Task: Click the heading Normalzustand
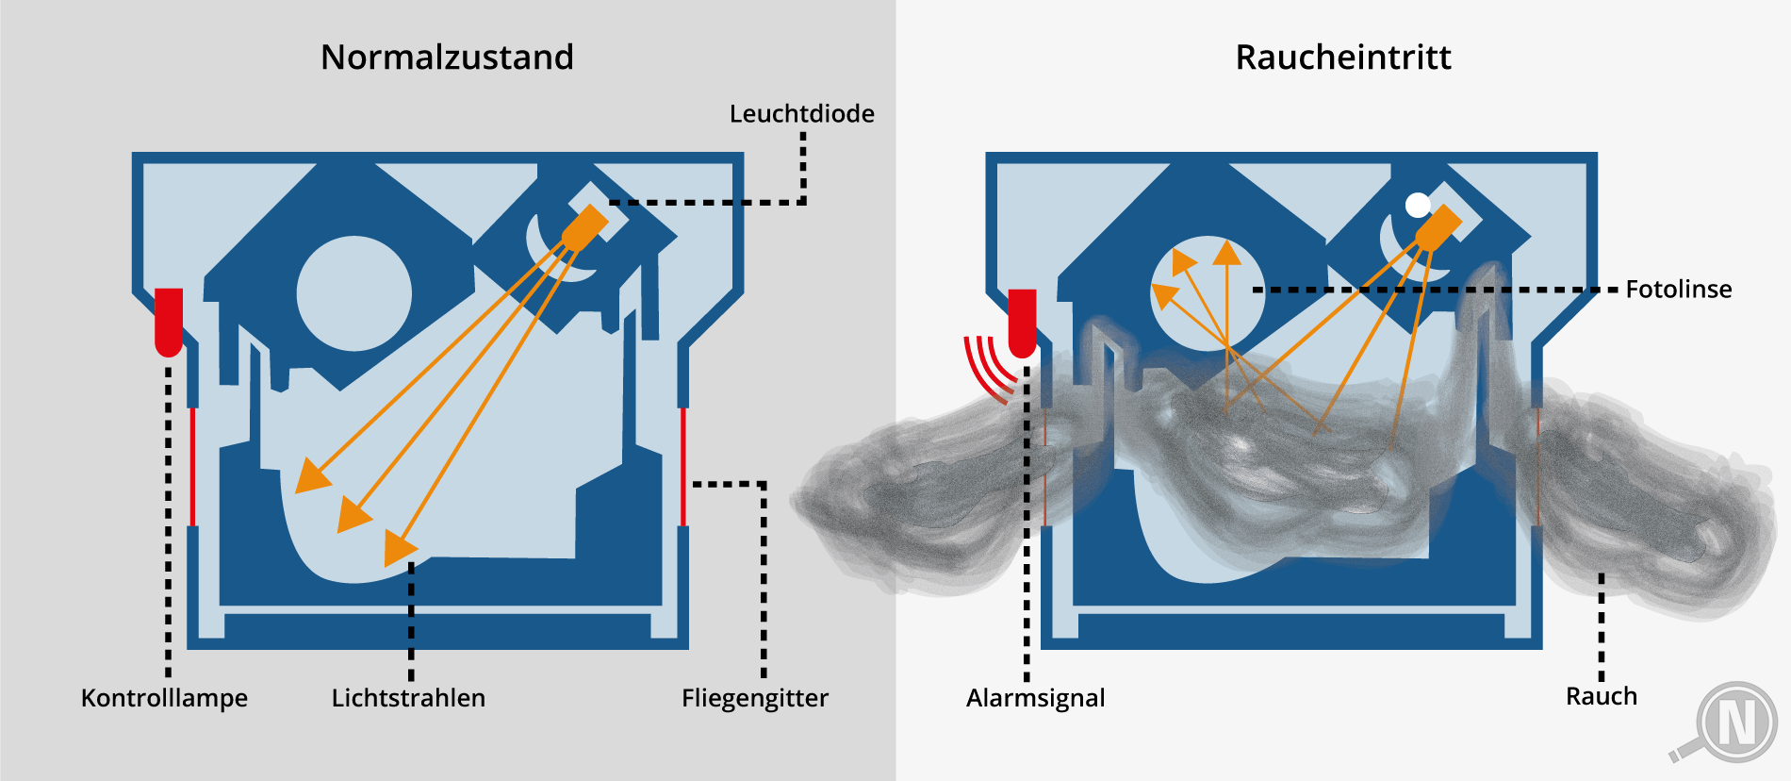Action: pos(447,58)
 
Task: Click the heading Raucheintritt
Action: pos(1342,58)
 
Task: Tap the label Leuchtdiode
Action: pos(801,114)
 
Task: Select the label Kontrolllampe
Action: pos(164,698)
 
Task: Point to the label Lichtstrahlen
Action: pos(408,698)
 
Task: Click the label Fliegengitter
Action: pos(755,698)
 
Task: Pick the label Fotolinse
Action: pos(1678,289)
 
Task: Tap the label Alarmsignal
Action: pos(1035,698)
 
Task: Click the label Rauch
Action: pos(1601,696)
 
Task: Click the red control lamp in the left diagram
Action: pos(169,322)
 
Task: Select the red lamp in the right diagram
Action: pos(1022,322)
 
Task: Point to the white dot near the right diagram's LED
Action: pos(1417,205)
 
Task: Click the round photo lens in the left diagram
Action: pos(353,293)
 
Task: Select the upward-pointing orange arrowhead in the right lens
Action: pos(1226,253)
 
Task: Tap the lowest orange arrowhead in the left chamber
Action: pos(400,547)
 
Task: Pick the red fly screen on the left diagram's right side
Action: pos(683,467)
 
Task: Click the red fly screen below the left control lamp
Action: pos(192,467)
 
